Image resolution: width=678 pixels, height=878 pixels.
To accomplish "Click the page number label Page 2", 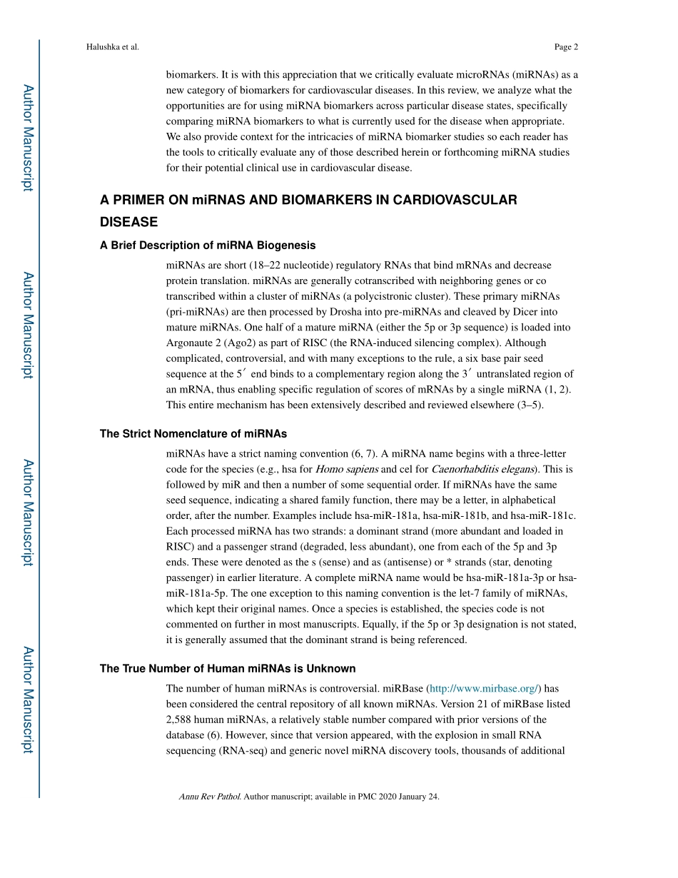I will pyautogui.click(x=566, y=47).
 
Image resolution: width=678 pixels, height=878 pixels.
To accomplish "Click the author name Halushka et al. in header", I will pyautogui.click(x=112, y=47).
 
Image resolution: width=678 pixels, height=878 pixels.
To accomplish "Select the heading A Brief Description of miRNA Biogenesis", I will pyautogui.click(x=208, y=245).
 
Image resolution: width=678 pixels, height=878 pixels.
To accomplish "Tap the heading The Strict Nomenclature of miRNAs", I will pyautogui.click(x=193, y=433).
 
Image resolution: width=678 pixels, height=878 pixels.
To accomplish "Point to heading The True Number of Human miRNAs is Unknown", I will pyautogui.click(x=228, y=668).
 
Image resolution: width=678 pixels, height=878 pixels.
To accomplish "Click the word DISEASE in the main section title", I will pyautogui.click(x=128, y=222).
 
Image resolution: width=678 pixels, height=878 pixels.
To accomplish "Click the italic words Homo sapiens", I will pyautogui.click(x=347, y=469).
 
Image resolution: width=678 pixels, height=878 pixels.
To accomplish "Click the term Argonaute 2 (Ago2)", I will pyautogui.click(x=205, y=343).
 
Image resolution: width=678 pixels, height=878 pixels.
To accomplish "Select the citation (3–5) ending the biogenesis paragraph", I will pyautogui.click(x=530, y=405).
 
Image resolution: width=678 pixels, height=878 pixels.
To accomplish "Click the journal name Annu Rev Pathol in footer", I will pyautogui.click(x=210, y=797).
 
